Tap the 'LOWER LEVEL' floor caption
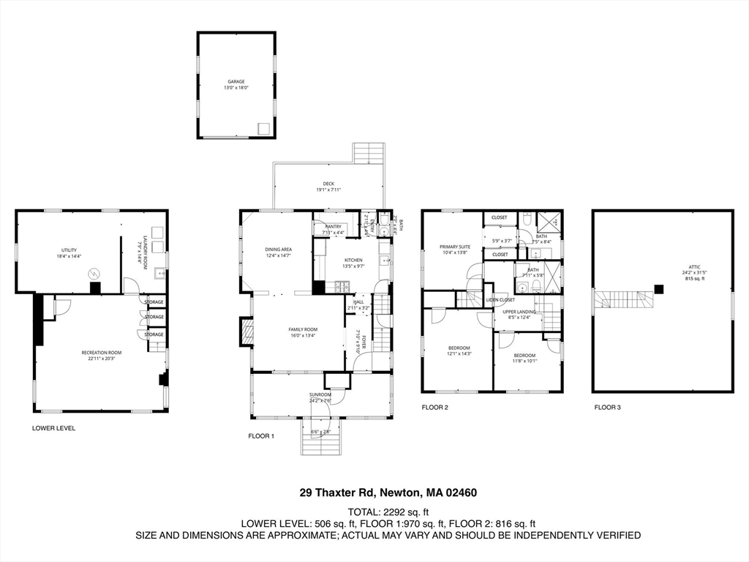click(53, 428)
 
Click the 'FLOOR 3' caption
click(607, 407)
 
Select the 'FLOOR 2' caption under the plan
click(434, 407)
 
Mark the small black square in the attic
click(659, 289)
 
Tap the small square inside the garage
click(263, 129)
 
